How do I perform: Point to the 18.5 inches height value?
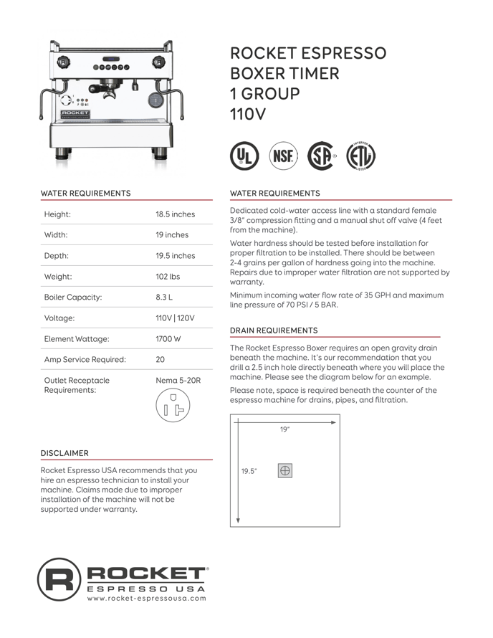[176, 214]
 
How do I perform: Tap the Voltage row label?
[59, 317]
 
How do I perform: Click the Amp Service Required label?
[85, 359]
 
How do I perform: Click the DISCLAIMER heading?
[64, 453]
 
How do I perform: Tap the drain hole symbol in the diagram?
[284, 471]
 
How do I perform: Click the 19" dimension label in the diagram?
[284, 430]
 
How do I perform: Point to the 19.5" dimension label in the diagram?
[249, 471]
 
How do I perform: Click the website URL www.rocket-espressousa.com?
[147, 598]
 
